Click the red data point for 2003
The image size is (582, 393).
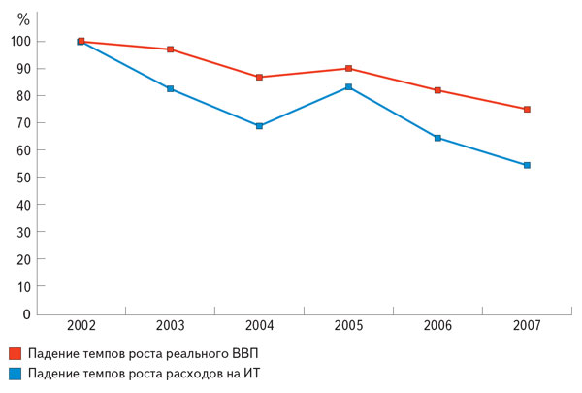(x=170, y=49)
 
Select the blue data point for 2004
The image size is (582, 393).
(x=259, y=126)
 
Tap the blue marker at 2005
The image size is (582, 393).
(x=348, y=87)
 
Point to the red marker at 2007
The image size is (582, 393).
(x=527, y=110)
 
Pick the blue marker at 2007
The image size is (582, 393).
(x=527, y=165)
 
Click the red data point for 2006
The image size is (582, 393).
(x=437, y=90)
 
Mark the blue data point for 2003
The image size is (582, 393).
(x=170, y=89)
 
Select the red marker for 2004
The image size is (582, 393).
(x=259, y=77)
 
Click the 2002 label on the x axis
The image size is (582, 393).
(x=81, y=324)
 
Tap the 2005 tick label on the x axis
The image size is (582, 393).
(x=348, y=324)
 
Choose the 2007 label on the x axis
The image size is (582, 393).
(x=527, y=324)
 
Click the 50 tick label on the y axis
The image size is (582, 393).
(x=24, y=178)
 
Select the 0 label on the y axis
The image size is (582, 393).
(x=28, y=314)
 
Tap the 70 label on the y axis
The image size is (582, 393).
(x=24, y=123)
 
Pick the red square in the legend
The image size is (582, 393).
(x=15, y=352)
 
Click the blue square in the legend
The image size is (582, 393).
(x=15, y=374)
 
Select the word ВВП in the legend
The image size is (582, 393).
(x=243, y=352)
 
